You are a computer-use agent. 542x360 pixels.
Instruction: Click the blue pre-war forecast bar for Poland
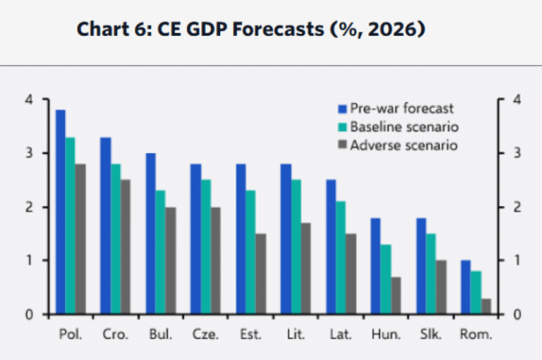click(60, 212)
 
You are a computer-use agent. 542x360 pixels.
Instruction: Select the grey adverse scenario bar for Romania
click(487, 306)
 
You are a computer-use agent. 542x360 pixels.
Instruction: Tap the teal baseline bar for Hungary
click(385, 279)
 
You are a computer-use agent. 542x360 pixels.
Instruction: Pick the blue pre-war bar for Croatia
click(105, 226)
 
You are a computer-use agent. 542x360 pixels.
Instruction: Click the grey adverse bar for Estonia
click(262, 274)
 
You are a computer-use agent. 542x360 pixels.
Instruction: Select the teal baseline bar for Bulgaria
click(160, 252)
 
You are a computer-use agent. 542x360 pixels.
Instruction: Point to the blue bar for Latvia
click(330, 247)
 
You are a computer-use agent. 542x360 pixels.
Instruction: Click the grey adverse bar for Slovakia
click(442, 287)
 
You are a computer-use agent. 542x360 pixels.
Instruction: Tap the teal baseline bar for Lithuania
click(296, 247)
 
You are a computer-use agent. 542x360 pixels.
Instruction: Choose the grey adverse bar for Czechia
click(217, 260)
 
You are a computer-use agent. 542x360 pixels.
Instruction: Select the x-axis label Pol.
click(70, 335)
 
